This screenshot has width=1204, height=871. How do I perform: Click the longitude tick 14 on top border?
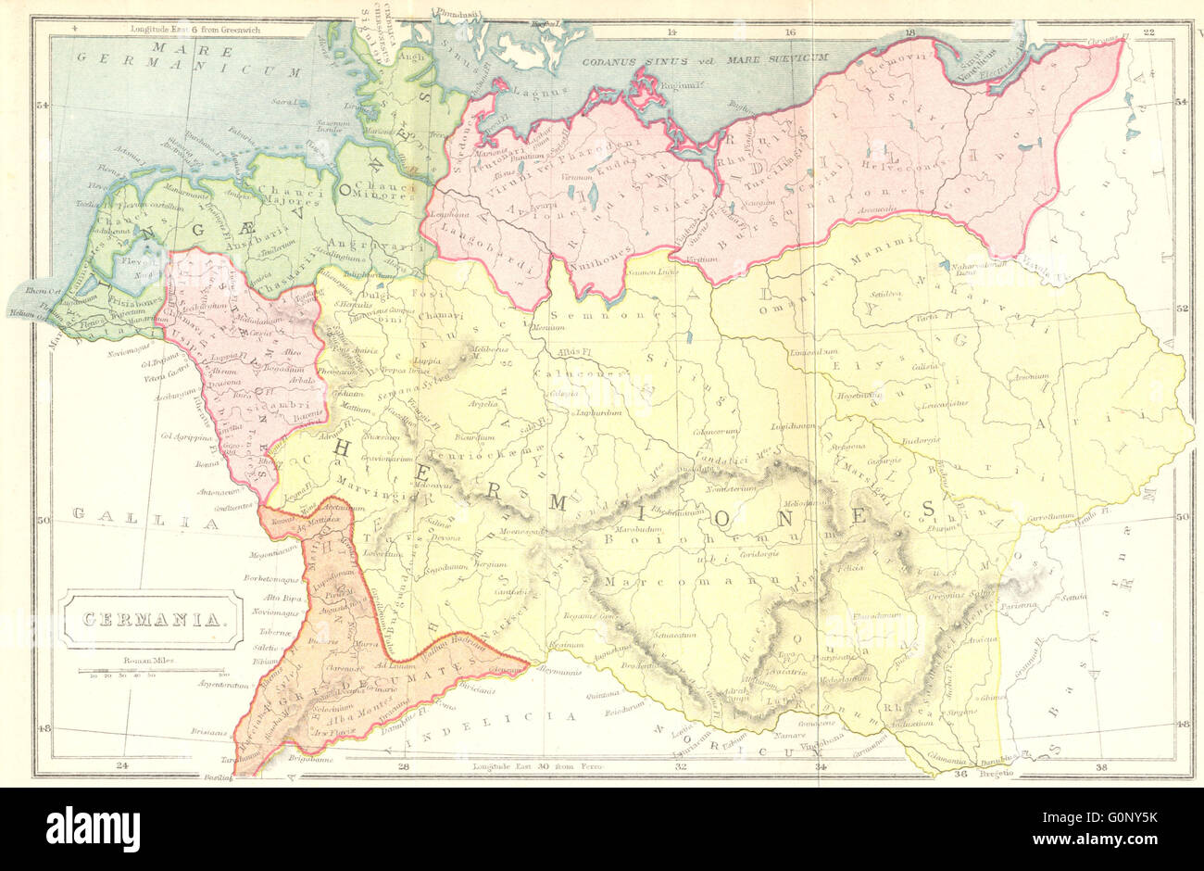point(672,32)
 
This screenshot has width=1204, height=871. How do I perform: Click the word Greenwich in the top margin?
point(264,31)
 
